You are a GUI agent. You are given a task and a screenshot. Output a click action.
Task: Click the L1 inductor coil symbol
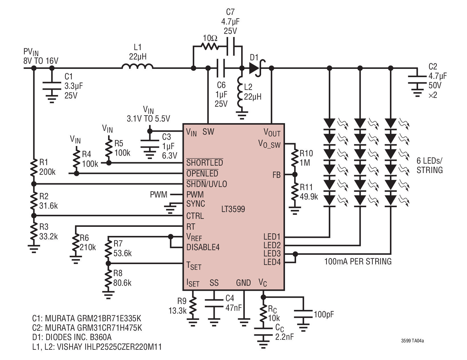tap(138, 66)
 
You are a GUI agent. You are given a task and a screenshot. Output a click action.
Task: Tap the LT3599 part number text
tap(233, 209)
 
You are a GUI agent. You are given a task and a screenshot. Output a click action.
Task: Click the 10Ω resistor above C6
tap(210, 46)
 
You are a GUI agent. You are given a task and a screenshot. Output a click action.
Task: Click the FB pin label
tap(276, 175)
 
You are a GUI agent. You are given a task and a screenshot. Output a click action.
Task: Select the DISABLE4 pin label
tap(203, 247)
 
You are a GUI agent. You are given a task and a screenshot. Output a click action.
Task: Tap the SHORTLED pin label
tap(204, 162)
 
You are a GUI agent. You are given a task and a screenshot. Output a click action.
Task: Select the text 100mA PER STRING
tap(358, 262)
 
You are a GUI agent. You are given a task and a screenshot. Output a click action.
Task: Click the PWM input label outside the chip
tap(159, 195)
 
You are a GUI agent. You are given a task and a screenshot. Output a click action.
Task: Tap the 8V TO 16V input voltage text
tap(41, 61)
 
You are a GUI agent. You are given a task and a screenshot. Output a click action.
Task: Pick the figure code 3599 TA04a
tap(412, 341)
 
